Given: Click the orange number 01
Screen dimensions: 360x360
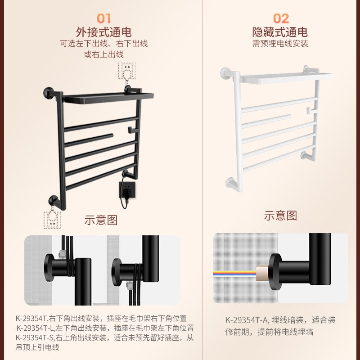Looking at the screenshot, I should [x=104, y=18].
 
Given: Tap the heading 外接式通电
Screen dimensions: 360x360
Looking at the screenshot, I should [x=104, y=32].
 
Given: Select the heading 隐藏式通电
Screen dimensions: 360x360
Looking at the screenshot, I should [x=280, y=32].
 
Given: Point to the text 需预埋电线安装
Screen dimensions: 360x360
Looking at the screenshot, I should [x=280, y=44].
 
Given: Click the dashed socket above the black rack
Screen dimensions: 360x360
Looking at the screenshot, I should [x=126, y=71].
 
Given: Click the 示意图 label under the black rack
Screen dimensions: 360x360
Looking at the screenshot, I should [x=101, y=220].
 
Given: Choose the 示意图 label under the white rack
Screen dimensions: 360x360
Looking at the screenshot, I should [x=280, y=216].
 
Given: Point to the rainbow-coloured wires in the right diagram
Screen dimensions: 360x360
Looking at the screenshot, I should [x=234, y=273].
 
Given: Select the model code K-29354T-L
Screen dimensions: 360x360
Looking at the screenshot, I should [x=34, y=328].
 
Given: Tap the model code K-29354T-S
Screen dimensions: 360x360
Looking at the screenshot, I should [x=34, y=337].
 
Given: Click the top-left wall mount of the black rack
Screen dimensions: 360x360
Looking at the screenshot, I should [x=49, y=93].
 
